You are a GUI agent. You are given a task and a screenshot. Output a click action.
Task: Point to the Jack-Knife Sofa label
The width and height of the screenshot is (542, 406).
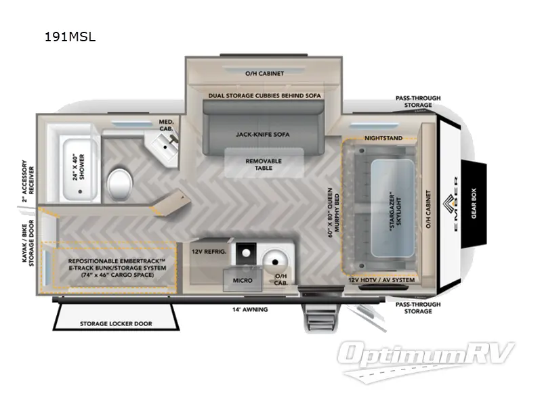263,135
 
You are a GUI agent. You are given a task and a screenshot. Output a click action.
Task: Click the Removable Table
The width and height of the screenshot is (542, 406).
263,164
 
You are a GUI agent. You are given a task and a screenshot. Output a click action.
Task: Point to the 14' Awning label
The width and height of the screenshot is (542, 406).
251,309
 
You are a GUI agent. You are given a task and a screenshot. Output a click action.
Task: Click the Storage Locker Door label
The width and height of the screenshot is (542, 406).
116,324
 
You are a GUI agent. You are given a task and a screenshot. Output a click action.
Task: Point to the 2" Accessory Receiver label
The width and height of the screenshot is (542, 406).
25,181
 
